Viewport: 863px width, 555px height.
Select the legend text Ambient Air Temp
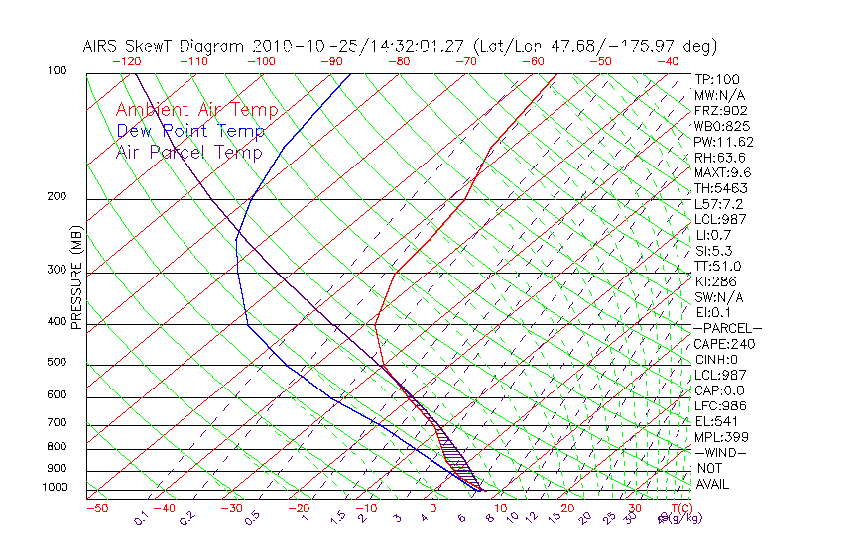tap(196, 110)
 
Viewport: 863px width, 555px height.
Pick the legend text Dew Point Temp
tap(190, 131)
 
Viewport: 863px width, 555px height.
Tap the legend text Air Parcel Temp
tap(188, 152)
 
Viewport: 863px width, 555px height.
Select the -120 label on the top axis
tap(126, 61)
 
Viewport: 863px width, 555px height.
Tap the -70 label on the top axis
tap(465, 61)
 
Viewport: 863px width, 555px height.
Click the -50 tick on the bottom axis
tap(96, 508)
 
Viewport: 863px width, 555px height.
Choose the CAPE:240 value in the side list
tap(724, 344)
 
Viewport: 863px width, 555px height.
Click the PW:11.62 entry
tap(724, 142)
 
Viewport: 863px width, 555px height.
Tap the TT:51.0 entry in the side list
tap(718, 266)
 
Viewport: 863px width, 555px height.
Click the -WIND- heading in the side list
tap(721, 452)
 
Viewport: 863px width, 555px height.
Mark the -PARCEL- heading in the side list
tap(727, 328)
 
